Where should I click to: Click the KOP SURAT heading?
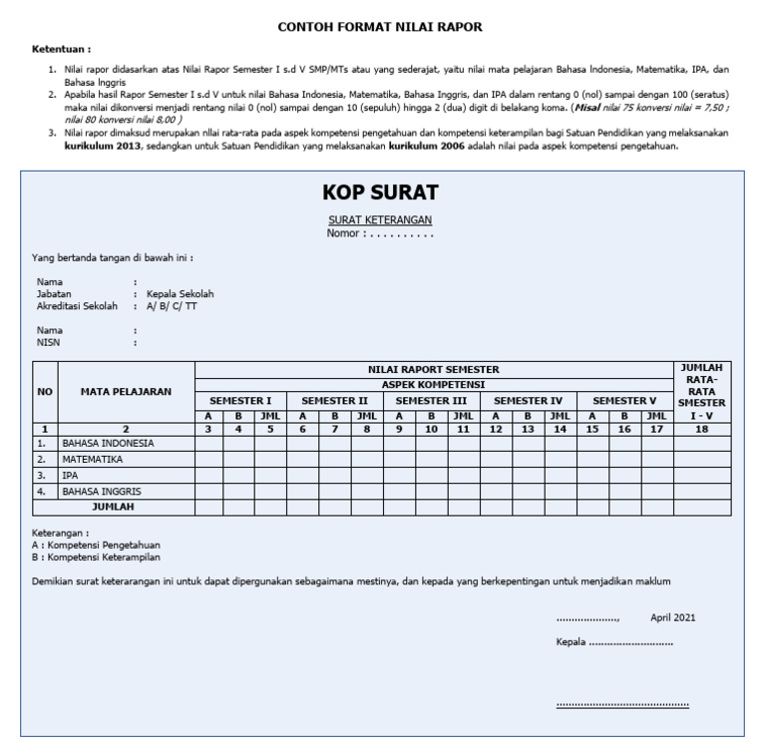pyautogui.click(x=380, y=192)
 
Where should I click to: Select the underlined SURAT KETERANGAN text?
pyautogui.click(x=380, y=219)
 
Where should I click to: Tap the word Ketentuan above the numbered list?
pyautogui.click(x=61, y=49)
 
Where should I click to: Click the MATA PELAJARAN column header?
pyautogui.click(x=126, y=392)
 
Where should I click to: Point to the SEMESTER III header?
pyautogui.click(x=432, y=400)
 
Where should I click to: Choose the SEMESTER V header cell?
pyautogui.click(x=624, y=400)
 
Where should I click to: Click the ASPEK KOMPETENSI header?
pyautogui.click(x=433, y=384)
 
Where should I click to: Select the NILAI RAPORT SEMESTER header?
pyautogui.click(x=433, y=369)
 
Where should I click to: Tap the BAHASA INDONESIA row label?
pyautogui.click(x=108, y=443)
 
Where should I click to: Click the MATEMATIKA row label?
pyautogui.click(x=93, y=459)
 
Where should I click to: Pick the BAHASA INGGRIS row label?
pyautogui.click(x=102, y=491)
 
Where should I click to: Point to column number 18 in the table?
pyautogui.click(x=702, y=429)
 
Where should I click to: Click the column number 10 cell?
pyautogui.click(x=431, y=429)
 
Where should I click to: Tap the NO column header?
pyautogui.click(x=44, y=392)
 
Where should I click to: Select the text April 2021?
pyautogui.click(x=673, y=617)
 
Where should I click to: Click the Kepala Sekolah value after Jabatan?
pyautogui.click(x=180, y=294)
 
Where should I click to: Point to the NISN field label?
pyautogui.click(x=50, y=342)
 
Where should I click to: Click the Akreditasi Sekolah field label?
pyautogui.click(x=77, y=306)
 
